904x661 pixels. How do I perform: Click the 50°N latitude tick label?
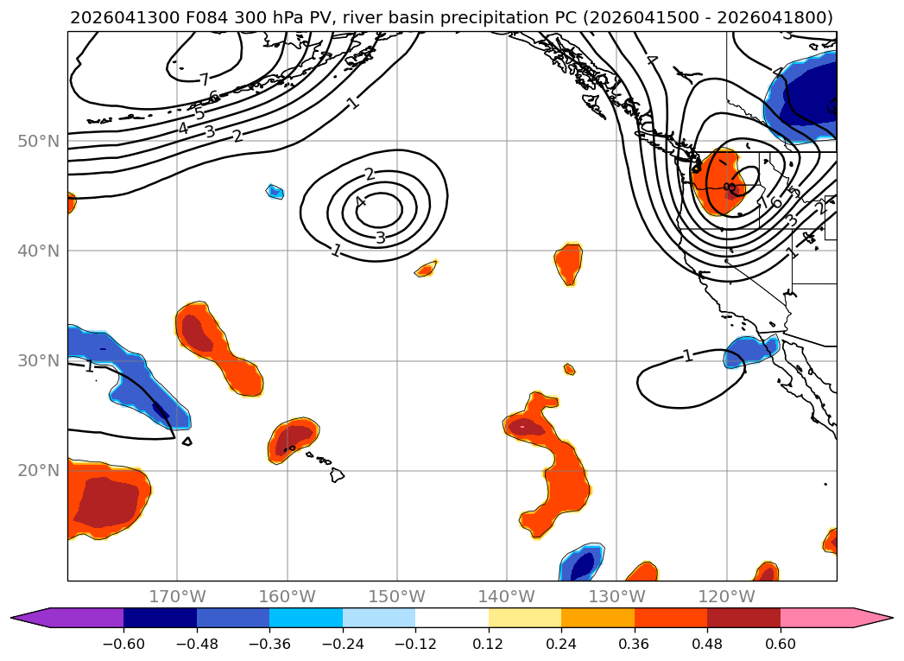pyautogui.click(x=38, y=142)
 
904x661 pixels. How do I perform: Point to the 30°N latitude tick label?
pyautogui.click(x=38, y=360)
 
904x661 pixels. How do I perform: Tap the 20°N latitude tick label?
pyautogui.click(x=38, y=471)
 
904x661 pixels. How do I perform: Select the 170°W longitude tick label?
pyautogui.click(x=177, y=596)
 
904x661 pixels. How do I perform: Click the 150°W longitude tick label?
pyautogui.click(x=396, y=596)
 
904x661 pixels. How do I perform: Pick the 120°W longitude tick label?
pyautogui.click(x=726, y=596)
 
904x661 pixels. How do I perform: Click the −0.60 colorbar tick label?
pyautogui.click(x=123, y=644)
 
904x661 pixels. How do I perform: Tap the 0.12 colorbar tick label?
pyautogui.click(x=489, y=644)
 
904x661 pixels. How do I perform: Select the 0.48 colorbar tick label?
pyautogui.click(x=707, y=644)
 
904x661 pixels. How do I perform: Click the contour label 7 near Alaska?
pyautogui.click(x=204, y=79)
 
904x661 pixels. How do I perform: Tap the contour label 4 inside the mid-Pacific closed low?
pyautogui.click(x=361, y=201)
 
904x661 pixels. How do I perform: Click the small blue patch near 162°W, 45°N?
pyautogui.click(x=275, y=191)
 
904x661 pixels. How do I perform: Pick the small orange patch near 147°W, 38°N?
pyautogui.click(x=426, y=269)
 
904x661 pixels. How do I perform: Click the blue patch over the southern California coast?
pyautogui.click(x=750, y=352)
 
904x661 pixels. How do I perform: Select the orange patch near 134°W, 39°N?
pyautogui.click(x=568, y=264)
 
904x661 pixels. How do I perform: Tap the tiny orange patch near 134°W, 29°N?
pyautogui.click(x=570, y=369)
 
